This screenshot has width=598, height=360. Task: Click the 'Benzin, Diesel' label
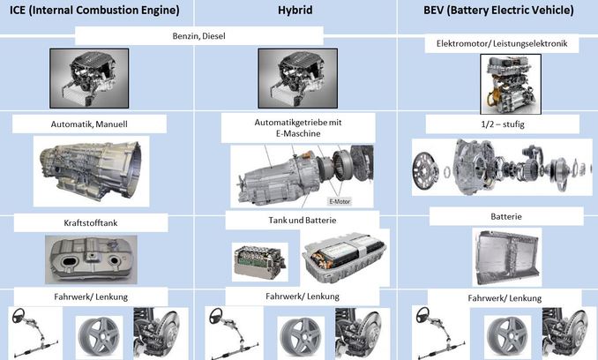tap(198, 36)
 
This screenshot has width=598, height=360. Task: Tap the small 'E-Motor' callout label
tap(340, 201)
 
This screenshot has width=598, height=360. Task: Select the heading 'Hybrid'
tap(295, 10)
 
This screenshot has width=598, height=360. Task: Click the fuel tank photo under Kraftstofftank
tap(91, 259)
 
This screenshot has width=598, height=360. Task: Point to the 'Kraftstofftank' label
tap(91, 223)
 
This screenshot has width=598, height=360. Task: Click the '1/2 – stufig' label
tap(503, 124)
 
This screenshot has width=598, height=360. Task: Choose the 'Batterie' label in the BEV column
tap(506, 216)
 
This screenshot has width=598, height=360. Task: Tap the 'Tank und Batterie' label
tap(303, 221)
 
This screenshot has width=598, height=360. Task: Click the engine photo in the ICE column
tap(89, 79)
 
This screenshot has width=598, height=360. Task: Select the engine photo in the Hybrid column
tap(297, 79)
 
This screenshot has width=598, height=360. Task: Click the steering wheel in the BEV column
tap(422, 315)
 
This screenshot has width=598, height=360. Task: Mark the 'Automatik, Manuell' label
tap(89, 124)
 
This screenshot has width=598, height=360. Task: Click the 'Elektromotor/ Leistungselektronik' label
tap(502, 43)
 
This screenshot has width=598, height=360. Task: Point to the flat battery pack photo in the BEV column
tap(507, 258)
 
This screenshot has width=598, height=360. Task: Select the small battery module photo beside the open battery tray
tap(259, 262)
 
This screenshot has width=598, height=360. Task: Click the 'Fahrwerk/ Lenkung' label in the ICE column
tap(91, 296)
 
